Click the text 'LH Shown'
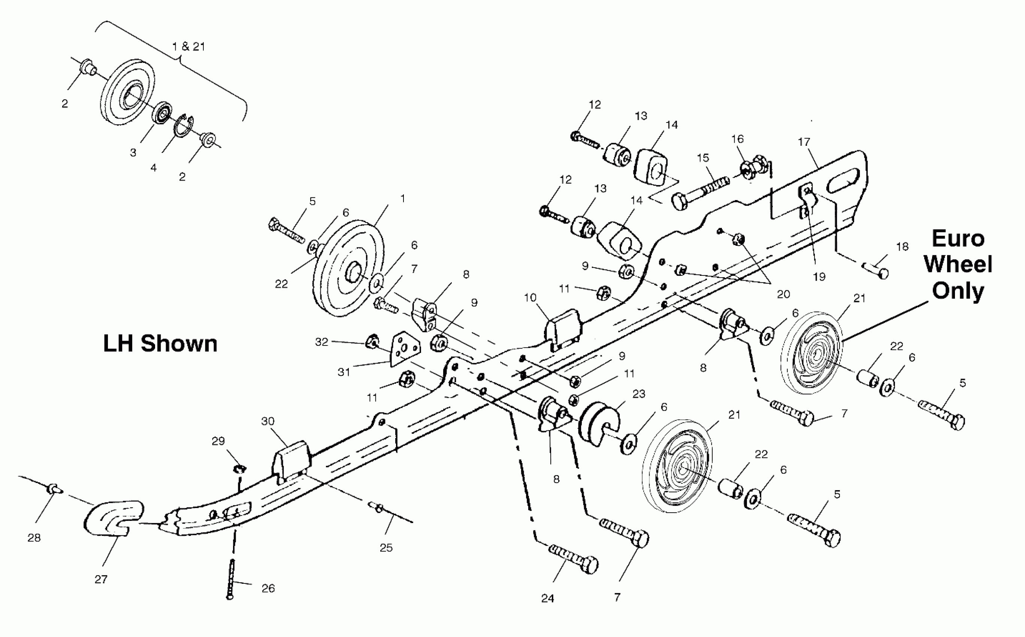tap(160, 344)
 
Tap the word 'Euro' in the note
tap(958, 239)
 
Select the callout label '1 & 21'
tap(189, 46)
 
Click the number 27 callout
tap(101, 579)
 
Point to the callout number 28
tap(34, 538)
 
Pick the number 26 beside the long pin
tap(268, 588)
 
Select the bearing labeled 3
tap(162, 112)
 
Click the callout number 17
tap(804, 142)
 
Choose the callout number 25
tap(386, 548)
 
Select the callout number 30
tap(268, 421)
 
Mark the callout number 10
tap(530, 298)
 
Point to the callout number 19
tap(819, 277)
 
